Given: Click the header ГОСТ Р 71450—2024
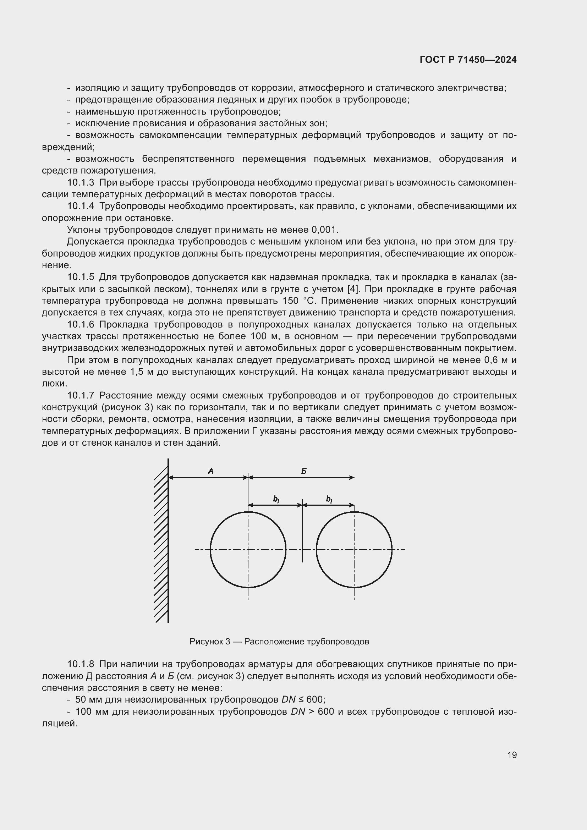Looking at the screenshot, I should [x=468, y=60].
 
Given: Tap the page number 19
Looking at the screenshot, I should [x=512, y=755].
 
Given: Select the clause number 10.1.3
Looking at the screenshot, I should [x=81, y=182].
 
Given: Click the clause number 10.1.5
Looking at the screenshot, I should [x=81, y=277].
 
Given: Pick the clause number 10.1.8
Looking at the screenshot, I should [x=81, y=664].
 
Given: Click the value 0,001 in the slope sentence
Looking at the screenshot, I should [x=324, y=230].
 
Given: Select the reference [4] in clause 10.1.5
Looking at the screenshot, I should [x=353, y=289].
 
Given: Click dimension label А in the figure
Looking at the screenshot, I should [x=211, y=471].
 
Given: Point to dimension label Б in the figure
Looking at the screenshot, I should [x=304, y=471].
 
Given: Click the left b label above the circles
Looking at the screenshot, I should [x=276, y=500].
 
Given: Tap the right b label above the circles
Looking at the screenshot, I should [x=329, y=500].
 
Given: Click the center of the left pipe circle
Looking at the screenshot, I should [x=248, y=549].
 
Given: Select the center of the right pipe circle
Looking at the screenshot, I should [x=354, y=549].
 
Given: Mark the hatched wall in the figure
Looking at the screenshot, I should [x=161, y=542].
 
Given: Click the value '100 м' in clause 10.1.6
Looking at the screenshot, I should [x=261, y=336].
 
